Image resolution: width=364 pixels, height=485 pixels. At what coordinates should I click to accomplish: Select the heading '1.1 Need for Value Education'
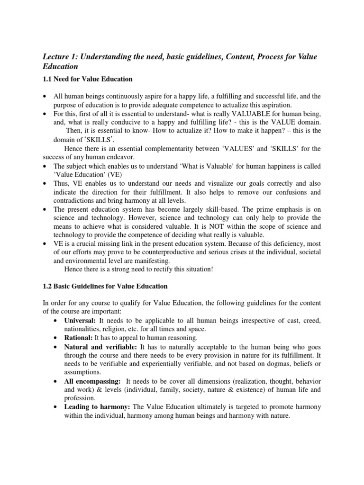87,79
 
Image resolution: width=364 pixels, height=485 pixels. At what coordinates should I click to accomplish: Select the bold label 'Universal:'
80,321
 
